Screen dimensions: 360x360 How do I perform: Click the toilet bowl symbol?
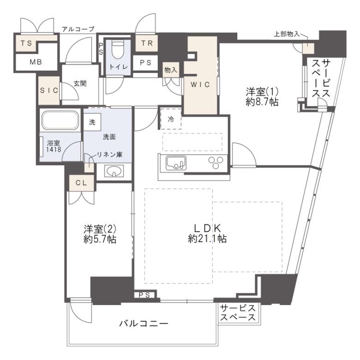coord(118,49)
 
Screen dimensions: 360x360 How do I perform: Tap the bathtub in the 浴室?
coord(60,120)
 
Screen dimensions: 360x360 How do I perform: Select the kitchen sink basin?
coord(176,163)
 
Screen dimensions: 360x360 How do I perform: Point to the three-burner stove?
coord(216,162)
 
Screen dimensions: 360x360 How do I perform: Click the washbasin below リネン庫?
coord(114,171)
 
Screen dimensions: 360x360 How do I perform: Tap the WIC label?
coord(200,84)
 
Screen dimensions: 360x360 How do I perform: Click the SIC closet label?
coord(49,90)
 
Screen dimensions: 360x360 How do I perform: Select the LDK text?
coord(207,228)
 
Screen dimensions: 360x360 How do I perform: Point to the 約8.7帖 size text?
coord(262,102)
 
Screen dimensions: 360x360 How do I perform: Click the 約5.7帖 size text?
coord(100,240)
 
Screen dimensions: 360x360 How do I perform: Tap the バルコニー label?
coord(144,324)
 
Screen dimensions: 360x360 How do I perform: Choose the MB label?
coord(36,62)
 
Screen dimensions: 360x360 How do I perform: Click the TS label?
coord(26,43)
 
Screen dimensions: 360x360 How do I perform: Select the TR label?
coord(147,43)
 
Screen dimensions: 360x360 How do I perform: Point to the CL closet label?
coord(82,183)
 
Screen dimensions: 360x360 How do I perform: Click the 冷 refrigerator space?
coord(171,120)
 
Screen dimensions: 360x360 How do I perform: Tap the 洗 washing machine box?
coord(92,122)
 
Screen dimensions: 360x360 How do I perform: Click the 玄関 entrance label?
coord(80,84)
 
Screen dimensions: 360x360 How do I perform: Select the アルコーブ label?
coord(78,29)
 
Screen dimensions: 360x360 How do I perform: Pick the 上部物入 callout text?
coord(287,34)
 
